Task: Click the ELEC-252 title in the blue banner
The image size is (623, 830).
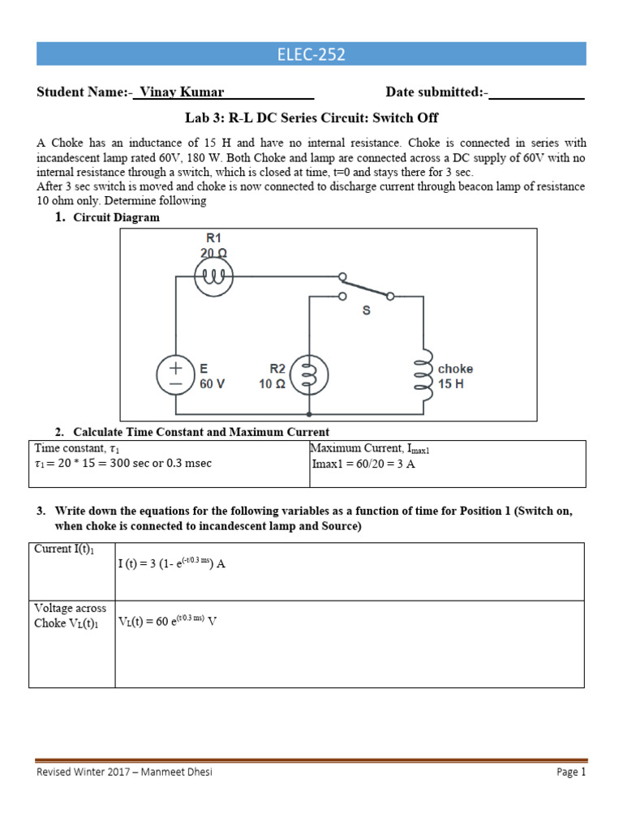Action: point(311,55)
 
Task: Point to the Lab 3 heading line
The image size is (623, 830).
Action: point(311,118)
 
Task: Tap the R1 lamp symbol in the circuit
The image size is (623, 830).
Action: point(214,280)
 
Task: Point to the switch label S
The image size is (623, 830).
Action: point(366,310)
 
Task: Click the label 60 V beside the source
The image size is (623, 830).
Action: point(213,384)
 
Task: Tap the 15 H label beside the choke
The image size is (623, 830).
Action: point(451,384)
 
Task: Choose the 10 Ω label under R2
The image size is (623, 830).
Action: point(272,384)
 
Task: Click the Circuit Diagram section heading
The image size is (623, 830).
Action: point(116,217)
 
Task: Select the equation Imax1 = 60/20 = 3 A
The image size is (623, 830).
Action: point(363,464)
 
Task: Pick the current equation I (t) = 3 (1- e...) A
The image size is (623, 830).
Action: point(171,564)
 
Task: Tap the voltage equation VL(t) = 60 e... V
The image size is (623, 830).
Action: point(168,622)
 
